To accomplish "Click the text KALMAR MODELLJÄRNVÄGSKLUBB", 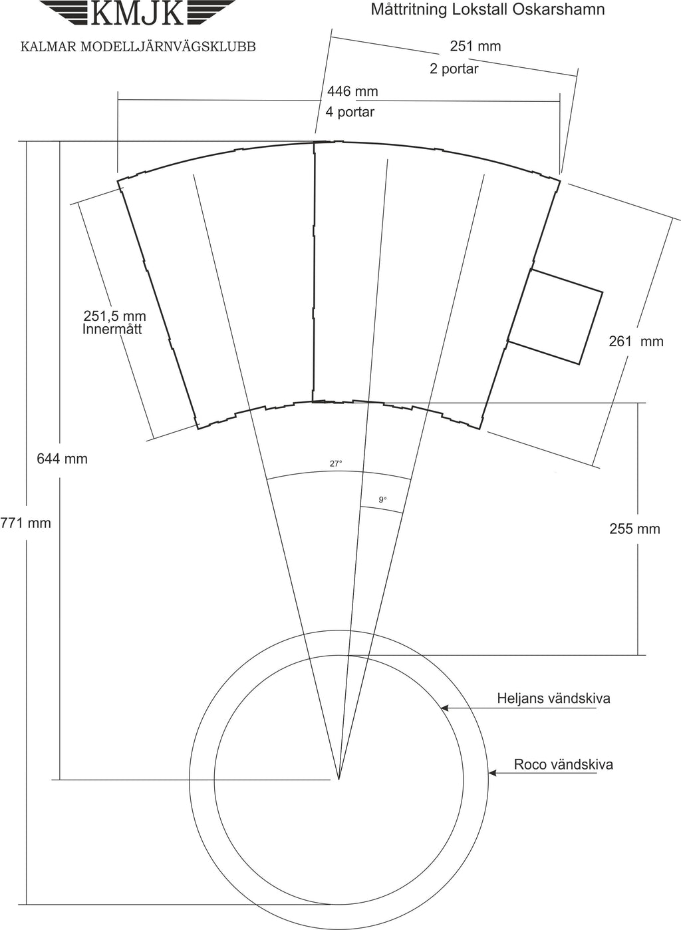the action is click(x=138, y=47).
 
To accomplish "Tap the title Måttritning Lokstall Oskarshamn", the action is click(x=487, y=10).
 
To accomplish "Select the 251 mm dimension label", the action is click(x=476, y=46).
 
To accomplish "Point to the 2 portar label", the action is click(x=454, y=69).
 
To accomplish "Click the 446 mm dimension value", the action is click(x=352, y=91).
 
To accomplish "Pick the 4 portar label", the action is click(x=350, y=112).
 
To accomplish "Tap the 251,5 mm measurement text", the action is click(x=115, y=316).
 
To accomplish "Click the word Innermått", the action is click(x=112, y=330).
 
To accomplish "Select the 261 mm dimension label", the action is click(x=636, y=342).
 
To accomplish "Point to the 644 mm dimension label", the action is click(x=63, y=459).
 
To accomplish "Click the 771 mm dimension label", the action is click(x=26, y=523).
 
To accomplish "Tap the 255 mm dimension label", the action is click(x=634, y=529).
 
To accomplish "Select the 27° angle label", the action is click(x=336, y=464).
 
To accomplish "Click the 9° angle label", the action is click(x=382, y=500).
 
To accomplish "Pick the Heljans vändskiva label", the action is click(x=554, y=698).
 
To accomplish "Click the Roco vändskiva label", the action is click(x=563, y=765).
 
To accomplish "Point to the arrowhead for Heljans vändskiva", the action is click(x=444, y=708).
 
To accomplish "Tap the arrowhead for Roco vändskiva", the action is click(x=492, y=773).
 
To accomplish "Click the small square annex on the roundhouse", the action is click(x=555, y=317).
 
